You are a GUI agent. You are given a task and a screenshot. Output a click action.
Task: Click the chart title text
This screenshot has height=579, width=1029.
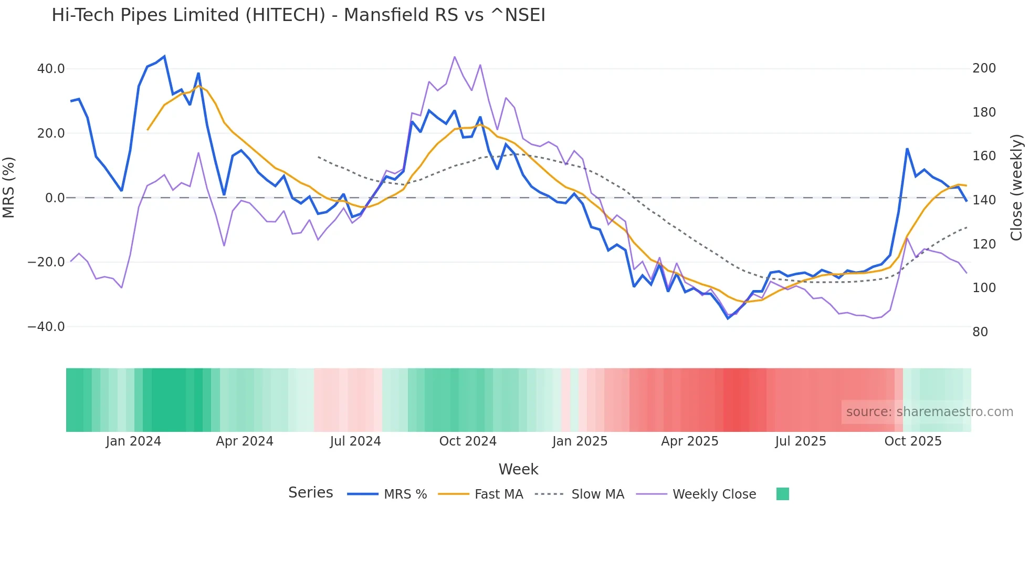click(x=298, y=15)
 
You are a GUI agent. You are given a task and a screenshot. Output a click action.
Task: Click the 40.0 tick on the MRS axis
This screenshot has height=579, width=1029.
click(x=51, y=69)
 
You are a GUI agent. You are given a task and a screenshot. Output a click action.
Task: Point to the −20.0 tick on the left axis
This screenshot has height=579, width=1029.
click(x=46, y=262)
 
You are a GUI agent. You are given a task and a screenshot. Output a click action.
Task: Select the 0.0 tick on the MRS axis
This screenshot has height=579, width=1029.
click(x=55, y=198)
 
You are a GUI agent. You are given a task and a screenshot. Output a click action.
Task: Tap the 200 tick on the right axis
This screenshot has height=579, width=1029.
click(x=984, y=68)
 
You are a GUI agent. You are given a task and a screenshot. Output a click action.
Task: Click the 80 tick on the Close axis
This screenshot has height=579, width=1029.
click(x=980, y=332)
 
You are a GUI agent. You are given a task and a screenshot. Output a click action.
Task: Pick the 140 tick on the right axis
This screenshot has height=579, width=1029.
click(x=984, y=200)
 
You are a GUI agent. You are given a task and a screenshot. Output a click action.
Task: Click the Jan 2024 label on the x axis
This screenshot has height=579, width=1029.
click(x=133, y=441)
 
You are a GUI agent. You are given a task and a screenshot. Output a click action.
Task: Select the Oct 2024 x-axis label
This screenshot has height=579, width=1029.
click(x=468, y=441)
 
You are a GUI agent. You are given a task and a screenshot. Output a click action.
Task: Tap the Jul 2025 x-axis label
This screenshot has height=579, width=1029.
click(x=801, y=441)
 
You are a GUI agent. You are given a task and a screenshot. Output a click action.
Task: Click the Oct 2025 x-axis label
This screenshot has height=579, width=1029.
click(x=913, y=441)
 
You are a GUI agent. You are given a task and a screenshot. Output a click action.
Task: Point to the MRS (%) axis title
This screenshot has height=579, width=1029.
click(x=9, y=187)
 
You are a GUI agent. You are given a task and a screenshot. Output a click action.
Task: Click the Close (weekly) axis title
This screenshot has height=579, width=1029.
click(x=1016, y=187)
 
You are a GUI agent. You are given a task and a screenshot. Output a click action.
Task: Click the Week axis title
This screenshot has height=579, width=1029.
click(x=518, y=469)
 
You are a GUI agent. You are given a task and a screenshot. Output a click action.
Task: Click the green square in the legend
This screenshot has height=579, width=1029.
click(x=782, y=494)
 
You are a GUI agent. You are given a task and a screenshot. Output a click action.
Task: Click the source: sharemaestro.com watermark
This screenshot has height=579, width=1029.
click(x=929, y=412)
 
